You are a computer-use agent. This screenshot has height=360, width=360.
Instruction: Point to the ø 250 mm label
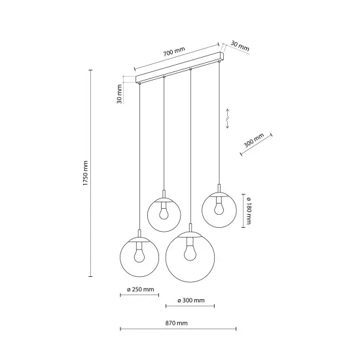coord(140,288)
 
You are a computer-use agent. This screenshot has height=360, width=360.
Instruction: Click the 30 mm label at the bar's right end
coord(240,47)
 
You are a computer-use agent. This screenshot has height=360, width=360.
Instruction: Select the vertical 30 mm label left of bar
coord(120,94)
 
